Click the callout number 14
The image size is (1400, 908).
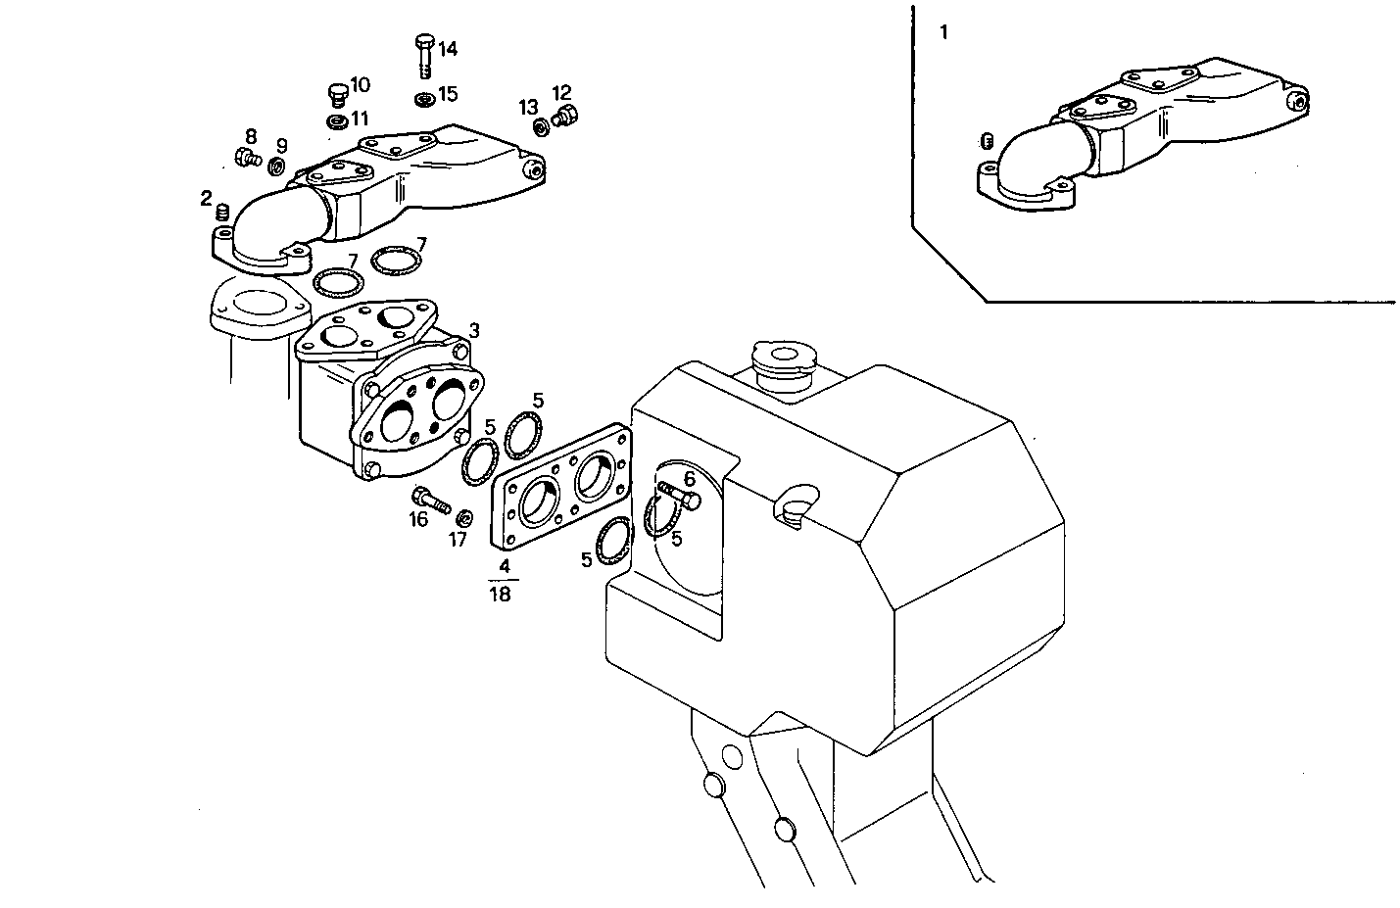[x=447, y=49]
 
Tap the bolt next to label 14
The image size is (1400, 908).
[x=424, y=53]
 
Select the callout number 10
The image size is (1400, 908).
[x=360, y=84]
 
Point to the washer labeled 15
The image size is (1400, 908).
[x=424, y=99]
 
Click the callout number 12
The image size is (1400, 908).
[x=561, y=93]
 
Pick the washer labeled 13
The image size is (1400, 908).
[x=541, y=126]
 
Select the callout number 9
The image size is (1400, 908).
[x=281, y=146]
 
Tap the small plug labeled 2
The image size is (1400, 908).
[x=221, y=212]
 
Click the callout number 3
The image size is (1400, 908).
[x=473, y=330]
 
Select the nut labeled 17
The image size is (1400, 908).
[x=464, y=516]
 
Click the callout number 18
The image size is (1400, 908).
[x=500, y=595]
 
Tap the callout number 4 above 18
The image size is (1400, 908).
[x=504, y=566]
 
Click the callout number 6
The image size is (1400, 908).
[x=689, y=479]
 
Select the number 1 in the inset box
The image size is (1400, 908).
[x=943, y=32]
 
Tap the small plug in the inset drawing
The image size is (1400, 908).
[x=988, y=140]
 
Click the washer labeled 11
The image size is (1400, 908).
[x=336, y=121]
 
